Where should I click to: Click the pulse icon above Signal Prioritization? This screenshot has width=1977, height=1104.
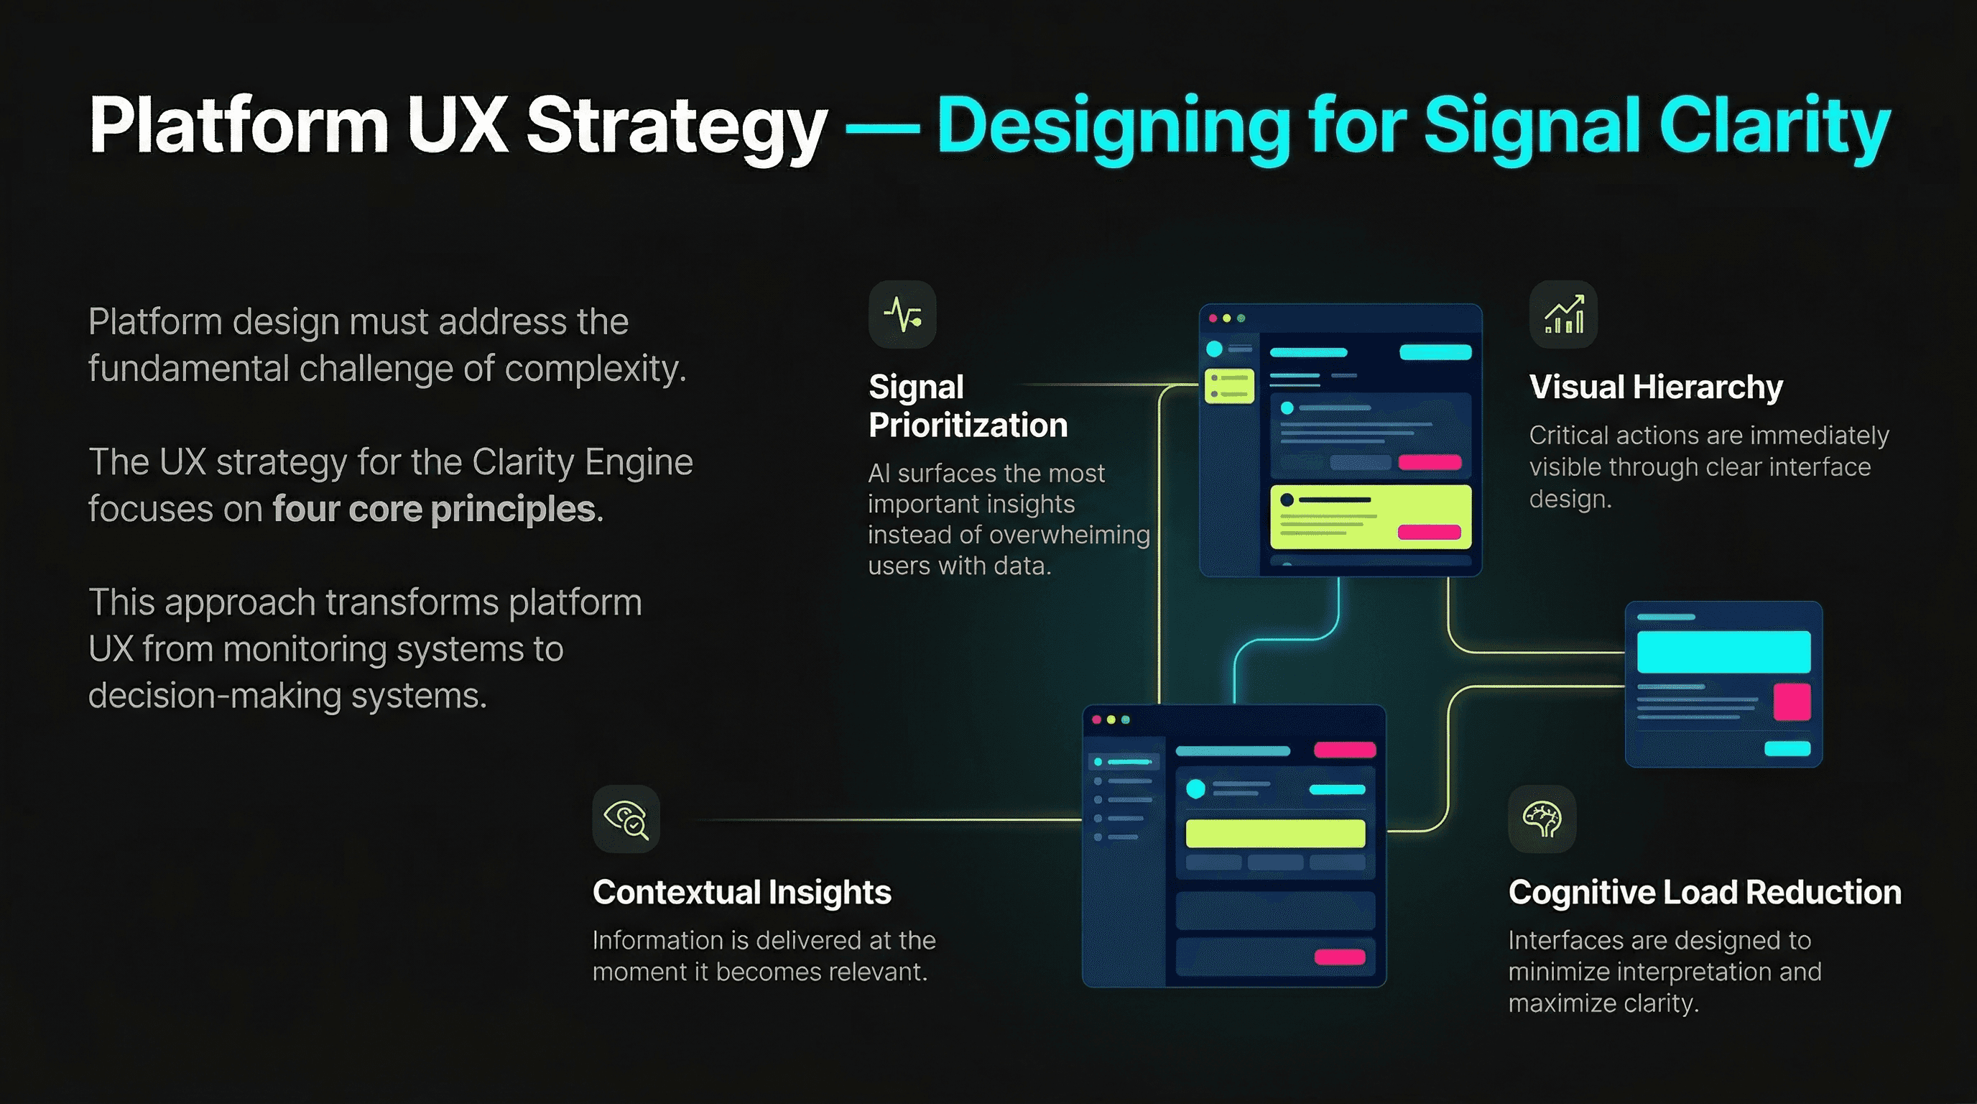(902, 315)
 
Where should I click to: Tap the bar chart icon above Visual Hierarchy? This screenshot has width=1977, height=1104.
(1563, 315)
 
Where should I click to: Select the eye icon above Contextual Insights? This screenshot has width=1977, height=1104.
(626, 819)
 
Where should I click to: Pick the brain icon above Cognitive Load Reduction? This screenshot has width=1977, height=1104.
(1542, 819)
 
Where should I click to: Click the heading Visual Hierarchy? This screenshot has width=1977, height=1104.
(1655, 387)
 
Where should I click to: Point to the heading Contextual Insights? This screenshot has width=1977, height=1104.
(741, 892)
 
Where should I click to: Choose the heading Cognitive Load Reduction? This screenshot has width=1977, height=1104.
(1705, 892)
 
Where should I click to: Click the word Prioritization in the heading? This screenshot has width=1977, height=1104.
(968, 425)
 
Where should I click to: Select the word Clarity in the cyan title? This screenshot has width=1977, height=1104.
(1774, 126)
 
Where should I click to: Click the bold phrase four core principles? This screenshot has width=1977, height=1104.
(434, 509)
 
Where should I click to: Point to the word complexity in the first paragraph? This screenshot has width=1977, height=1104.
(595, 369)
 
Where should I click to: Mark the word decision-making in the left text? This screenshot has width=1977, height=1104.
(214, 696)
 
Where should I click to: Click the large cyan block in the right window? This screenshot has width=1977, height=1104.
(1723, 652)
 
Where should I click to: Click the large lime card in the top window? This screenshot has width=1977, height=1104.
(1371, 517)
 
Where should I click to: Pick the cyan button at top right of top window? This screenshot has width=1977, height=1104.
(1435, 352)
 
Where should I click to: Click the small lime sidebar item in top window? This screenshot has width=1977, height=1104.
(1229, 386)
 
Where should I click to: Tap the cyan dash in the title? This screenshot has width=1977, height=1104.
(882, 129)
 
